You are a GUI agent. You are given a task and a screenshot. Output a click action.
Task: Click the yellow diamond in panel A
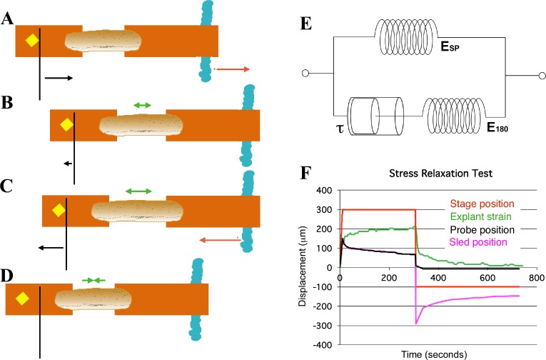(31, 41)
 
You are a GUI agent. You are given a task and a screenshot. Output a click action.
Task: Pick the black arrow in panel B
(69, 164)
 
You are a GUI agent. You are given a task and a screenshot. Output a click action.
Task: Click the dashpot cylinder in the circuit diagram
(370, 114)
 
